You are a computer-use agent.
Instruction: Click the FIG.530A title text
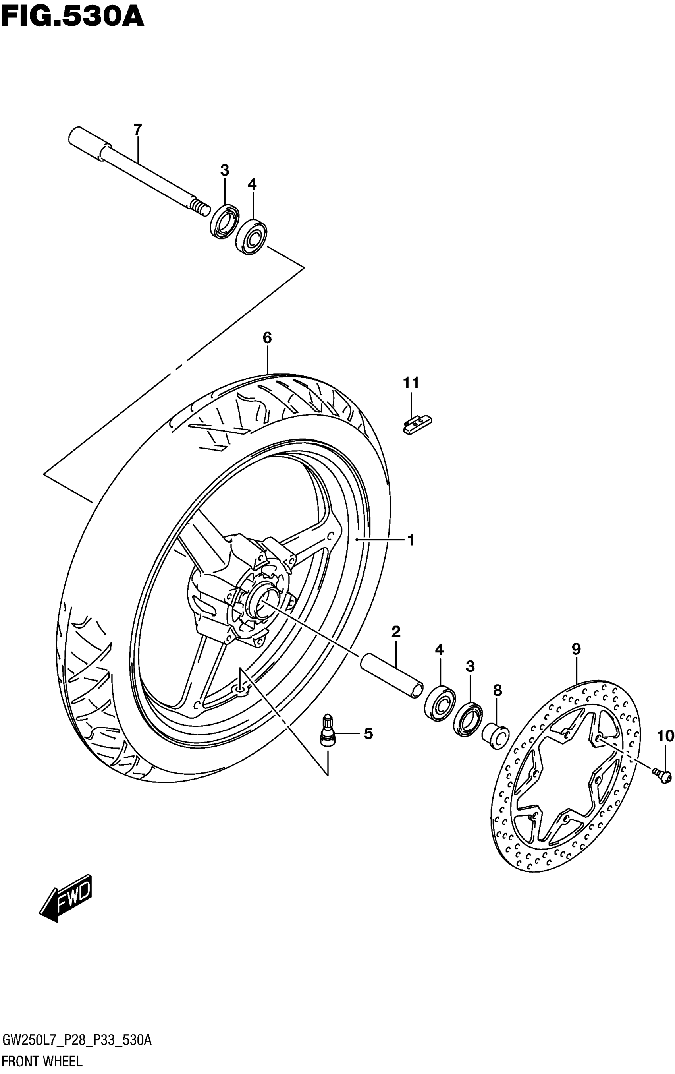(72, 18)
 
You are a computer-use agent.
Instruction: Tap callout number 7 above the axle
(137, 130)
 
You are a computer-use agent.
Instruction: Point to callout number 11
(411, 383)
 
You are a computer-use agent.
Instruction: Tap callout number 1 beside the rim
(411, 540)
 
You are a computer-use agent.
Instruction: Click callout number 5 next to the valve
(368, 733)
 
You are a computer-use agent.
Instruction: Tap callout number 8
(498, 691)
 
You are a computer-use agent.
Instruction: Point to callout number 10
(665, 736)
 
